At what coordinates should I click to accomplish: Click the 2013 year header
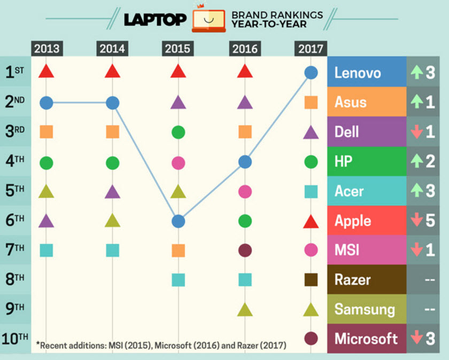click(x=47, y=49)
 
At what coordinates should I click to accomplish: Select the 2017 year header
click(x=311, y=49)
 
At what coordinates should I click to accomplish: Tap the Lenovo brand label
click(x=358, y=73)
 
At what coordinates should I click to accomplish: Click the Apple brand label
click(x=353, y=221)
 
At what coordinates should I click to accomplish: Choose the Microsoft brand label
click(x=366, y=339)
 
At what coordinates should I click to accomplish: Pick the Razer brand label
click(x=353, y=279)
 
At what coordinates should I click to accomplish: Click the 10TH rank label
click(x=14, y=338)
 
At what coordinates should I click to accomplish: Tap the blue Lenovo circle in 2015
click(x=178, y=221)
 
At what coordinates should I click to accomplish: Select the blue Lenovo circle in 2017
click(x=311, y=73)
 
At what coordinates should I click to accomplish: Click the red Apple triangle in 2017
click(x=311, y=221)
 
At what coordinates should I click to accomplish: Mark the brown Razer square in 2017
click(x=311, y=279)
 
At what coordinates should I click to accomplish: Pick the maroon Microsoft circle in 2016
click(x=245, y=250)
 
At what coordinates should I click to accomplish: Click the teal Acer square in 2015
click(x=178, y=279)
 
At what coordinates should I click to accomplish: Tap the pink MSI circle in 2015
click(x=178, y=162)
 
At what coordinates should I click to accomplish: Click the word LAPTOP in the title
click(x=155, y=19)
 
